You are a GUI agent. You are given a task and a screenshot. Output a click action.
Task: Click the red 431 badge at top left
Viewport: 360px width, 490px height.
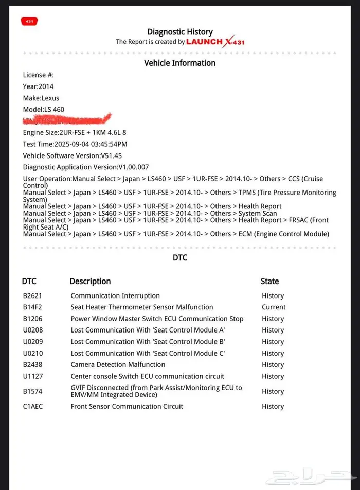tap(29, 21)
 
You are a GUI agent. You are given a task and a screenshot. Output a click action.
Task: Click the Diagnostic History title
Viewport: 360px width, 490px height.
tap(179, 32)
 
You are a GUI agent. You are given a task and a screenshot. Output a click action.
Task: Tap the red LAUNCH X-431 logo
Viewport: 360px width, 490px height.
tap(215, 42)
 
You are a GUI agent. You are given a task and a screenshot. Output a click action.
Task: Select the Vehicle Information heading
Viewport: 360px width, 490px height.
tap(179, 63)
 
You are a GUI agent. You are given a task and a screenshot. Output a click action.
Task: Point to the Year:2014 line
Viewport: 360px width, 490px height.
tap(38, 86)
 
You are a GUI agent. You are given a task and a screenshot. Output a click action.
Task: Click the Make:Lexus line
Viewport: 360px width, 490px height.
tap(41, 98)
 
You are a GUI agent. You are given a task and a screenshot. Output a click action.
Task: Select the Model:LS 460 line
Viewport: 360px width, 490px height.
tap(44, 109)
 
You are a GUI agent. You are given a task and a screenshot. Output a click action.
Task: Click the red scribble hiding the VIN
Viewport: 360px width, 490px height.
tap(67, 120)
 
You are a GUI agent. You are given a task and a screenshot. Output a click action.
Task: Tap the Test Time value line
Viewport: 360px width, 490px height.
tap(75, 144)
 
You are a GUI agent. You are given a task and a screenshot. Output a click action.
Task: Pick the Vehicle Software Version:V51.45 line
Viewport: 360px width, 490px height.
tap(73, 155)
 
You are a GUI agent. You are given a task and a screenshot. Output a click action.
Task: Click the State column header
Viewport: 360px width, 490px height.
tap(269, 281)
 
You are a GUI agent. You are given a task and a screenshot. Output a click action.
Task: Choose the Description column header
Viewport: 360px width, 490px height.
tap(90, 281)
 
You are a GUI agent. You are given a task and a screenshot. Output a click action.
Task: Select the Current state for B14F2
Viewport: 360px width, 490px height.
tap(274, 307)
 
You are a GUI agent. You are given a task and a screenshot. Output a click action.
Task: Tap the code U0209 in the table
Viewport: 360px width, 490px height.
tap(33, 342)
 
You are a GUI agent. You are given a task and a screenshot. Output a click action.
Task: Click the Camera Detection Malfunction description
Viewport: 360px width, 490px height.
tap(118, 364)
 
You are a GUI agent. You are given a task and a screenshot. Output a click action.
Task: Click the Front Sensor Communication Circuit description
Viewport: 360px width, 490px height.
tap(127, 406)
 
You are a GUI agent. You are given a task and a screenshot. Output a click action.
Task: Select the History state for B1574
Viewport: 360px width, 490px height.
tap(273, 391)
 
